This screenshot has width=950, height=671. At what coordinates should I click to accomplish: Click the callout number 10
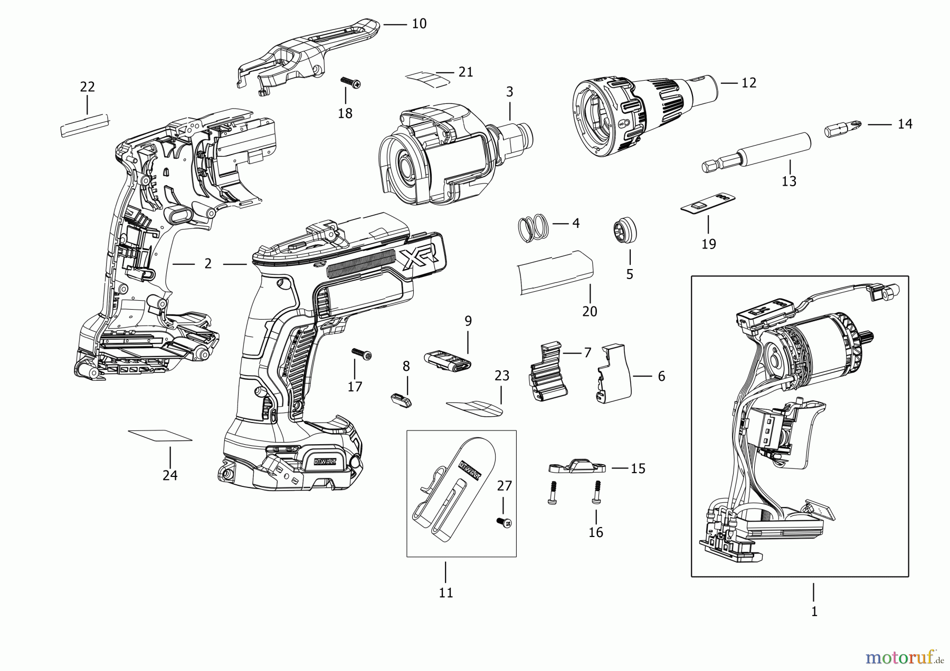[x=419, y=24]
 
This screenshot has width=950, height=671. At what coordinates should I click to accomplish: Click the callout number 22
[x=88, y=87]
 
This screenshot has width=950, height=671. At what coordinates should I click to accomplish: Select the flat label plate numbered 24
[x=160, y=436]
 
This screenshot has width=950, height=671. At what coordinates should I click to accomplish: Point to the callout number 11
[x=446, y=592]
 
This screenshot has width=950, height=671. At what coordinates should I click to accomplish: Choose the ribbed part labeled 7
[x=547, y=373]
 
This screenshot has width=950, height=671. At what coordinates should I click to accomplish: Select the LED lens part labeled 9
[x=448, y=361]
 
